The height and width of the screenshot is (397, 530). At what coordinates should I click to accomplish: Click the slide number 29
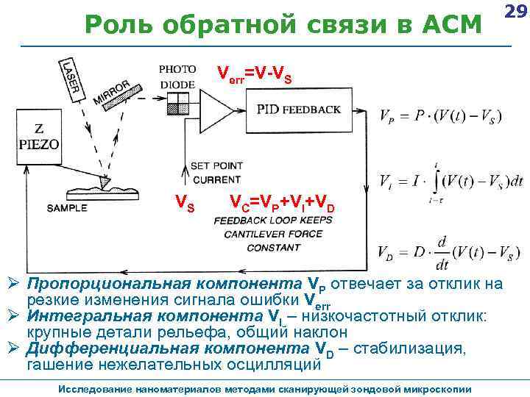[x=517, y=12]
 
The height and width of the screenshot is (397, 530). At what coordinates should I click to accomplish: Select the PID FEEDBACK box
[x=299, y=110]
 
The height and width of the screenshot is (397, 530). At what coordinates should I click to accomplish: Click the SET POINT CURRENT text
[x=216, y=171]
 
